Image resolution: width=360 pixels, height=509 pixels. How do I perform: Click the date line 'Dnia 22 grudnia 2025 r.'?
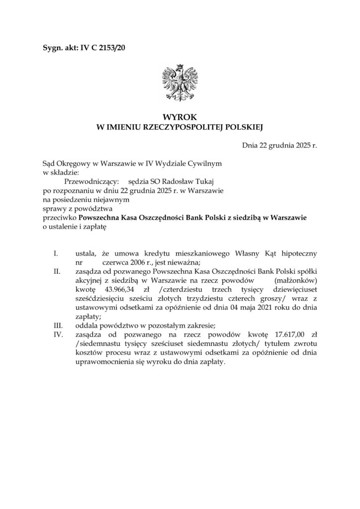tap(279, 146)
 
